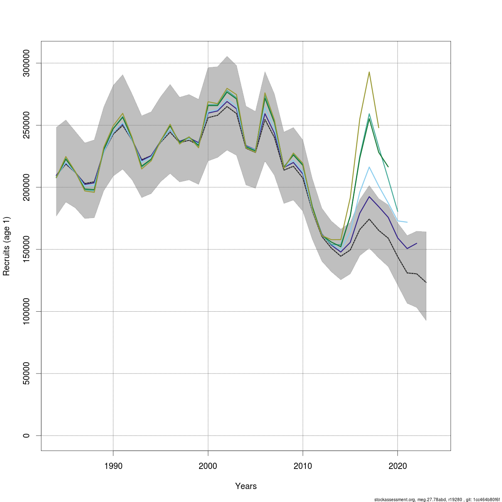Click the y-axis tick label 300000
[x=26, y=63]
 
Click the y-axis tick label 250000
[x=26, y=125]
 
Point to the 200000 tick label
[x=26, y=187]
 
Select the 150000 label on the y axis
[x=26, y=249]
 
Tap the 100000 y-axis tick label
[x=26, y=311]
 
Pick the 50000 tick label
[x=26, y=374]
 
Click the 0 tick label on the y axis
[x=26, y=435]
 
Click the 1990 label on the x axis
[x=113, y=466]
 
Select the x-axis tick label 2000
[x=208, y=466]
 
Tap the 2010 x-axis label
[x=303, y=466]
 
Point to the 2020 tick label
[x=397, y=466]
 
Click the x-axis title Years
[x=246, y=486]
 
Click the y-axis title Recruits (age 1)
[x=6, y=246]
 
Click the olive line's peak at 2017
[x=369, y=72]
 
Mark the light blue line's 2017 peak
[x=369, y=167]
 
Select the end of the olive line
[x=379, y=128]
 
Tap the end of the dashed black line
[x=426, y=282]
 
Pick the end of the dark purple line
[x=417, y=243]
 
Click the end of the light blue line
[x=407, y=222]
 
